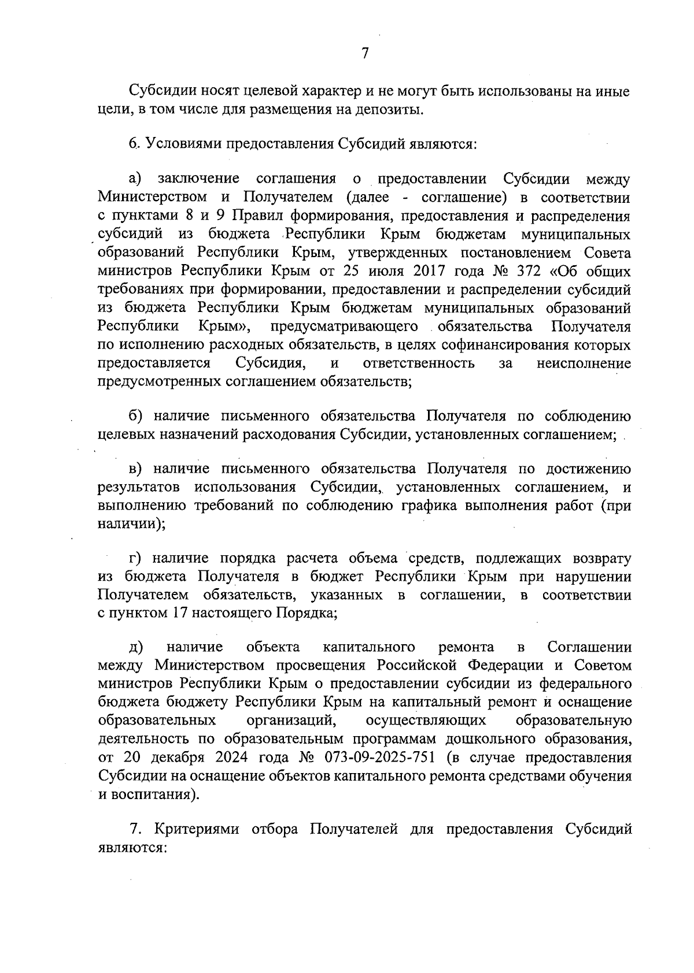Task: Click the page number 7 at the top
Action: click(364, 54)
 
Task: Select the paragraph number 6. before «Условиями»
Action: click(134, 143)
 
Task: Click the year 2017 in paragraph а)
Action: click(427, 271)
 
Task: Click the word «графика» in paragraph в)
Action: click(427, 506)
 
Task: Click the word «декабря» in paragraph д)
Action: click(176, 757)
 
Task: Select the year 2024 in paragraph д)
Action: click(230, 757)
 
